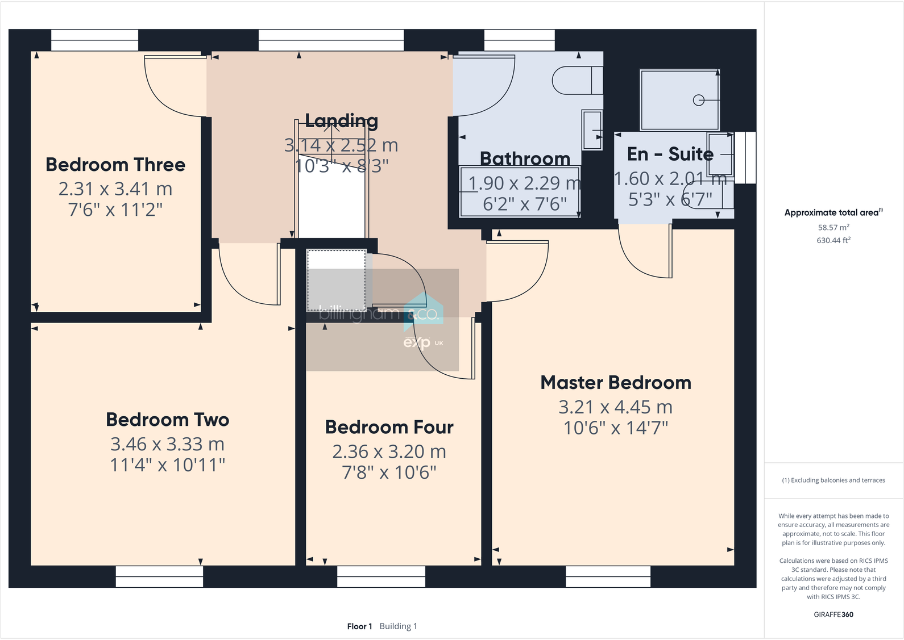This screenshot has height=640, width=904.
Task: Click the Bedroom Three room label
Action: [115, 165]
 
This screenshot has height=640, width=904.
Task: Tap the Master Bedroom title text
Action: [615, 383]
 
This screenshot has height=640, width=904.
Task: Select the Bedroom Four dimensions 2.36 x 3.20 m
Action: [389, 451]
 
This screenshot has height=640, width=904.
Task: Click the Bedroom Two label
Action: [167, 420]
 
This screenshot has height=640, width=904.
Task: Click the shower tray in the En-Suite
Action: [679, 100]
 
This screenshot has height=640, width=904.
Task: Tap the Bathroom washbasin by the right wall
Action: [592, 130]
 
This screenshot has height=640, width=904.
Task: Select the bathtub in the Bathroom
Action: [519, 192]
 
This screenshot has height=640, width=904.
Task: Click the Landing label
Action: [341, 120]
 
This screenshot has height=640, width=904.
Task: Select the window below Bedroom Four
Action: [381, 576]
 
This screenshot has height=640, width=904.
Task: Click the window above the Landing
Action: [331, 40]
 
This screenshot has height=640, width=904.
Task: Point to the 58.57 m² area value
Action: [833, 227]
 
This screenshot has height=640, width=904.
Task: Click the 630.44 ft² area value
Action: [833, 240]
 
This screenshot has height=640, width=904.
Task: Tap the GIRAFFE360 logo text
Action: [833, 614]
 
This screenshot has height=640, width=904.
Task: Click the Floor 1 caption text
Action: [359, 626]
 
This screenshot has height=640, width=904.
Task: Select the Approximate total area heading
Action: [832, 212]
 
